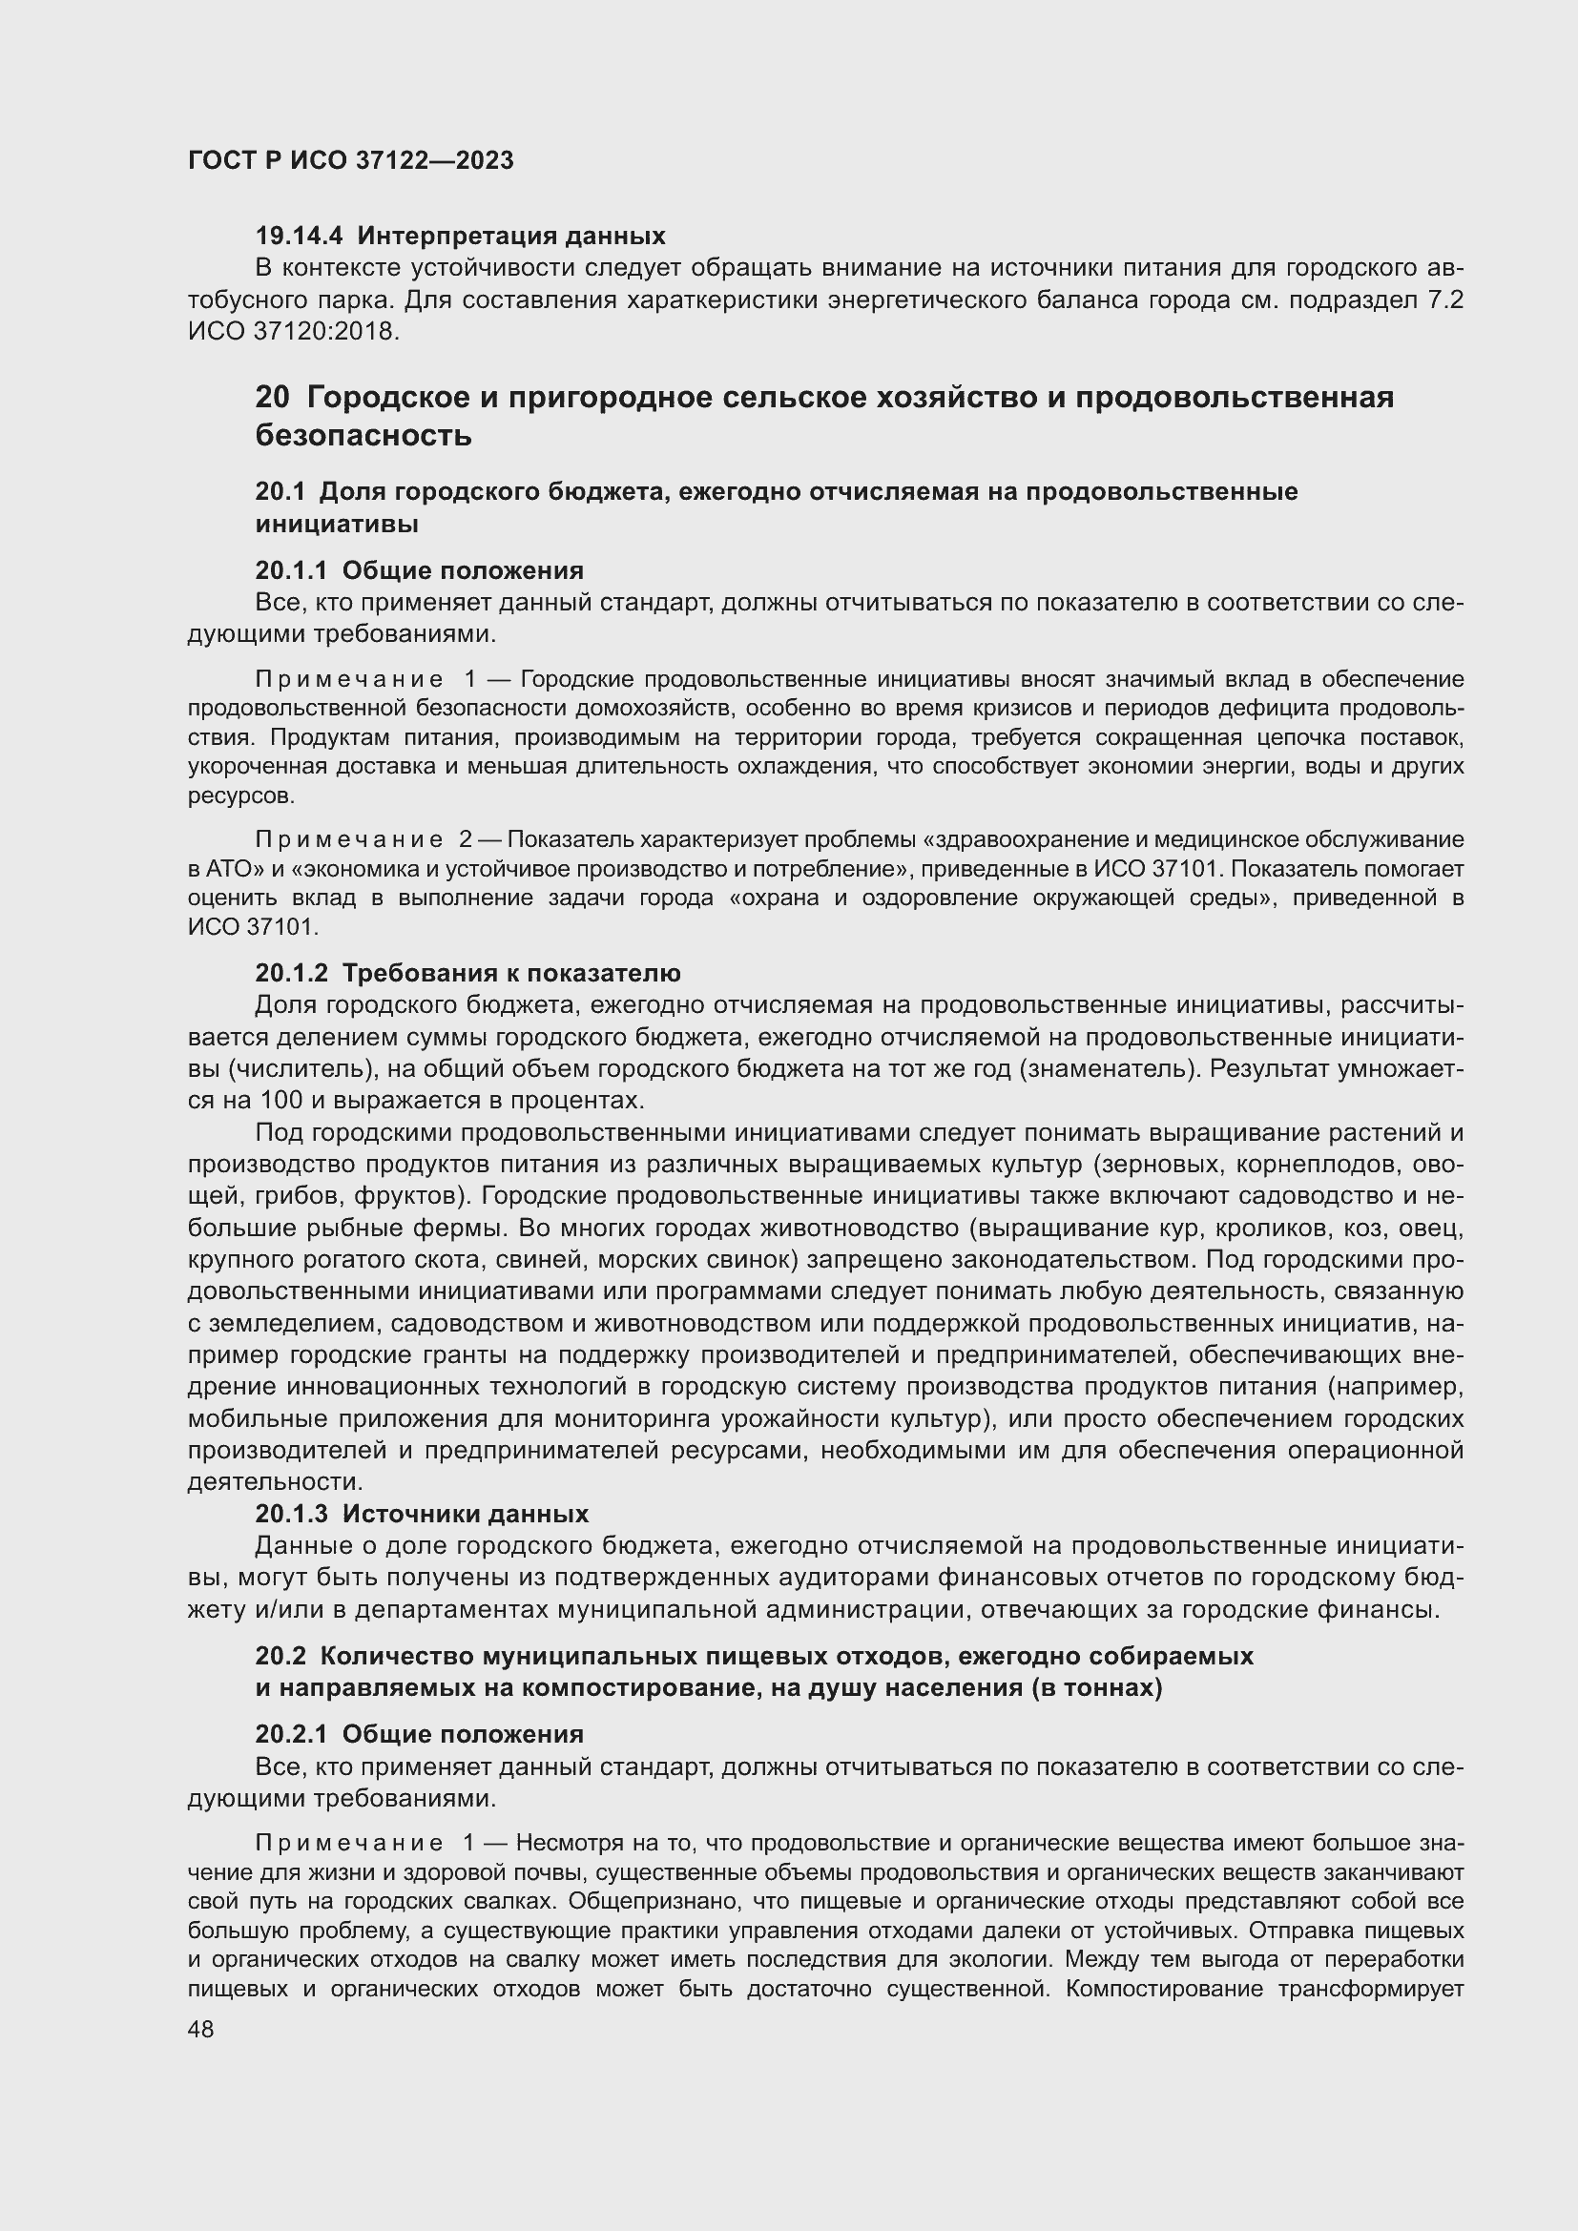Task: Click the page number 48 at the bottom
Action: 200,2029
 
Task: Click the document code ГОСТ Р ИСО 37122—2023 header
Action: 350,160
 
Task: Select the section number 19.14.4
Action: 301,236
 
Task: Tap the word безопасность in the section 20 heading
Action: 363,435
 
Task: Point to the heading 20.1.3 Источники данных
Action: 422,1514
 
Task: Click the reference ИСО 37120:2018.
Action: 293,331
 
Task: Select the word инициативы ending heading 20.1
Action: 337,524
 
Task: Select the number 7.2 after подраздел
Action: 1444,300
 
